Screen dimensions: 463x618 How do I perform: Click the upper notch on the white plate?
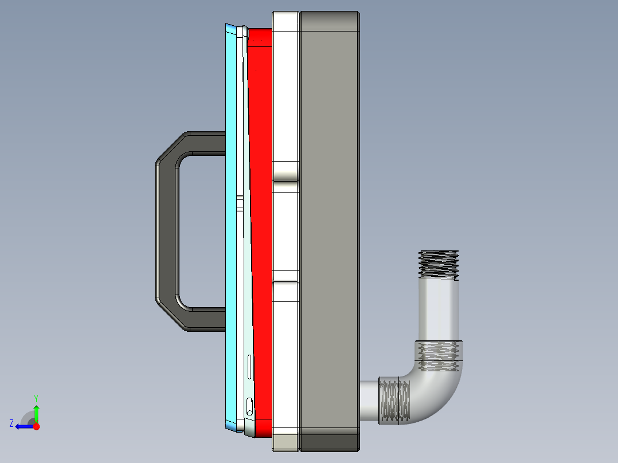tap(285, 171)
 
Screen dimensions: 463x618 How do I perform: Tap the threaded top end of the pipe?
tap(439, 264)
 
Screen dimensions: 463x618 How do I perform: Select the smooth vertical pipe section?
tap(439, 309)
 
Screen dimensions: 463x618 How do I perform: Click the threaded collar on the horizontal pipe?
tap(396, 402)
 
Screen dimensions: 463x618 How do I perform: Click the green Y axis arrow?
tap(36, 411)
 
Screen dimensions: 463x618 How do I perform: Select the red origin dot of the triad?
tap(36, 426)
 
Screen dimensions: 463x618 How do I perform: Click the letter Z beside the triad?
tap(11, 423)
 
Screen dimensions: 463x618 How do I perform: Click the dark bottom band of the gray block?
tap(330, 441)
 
